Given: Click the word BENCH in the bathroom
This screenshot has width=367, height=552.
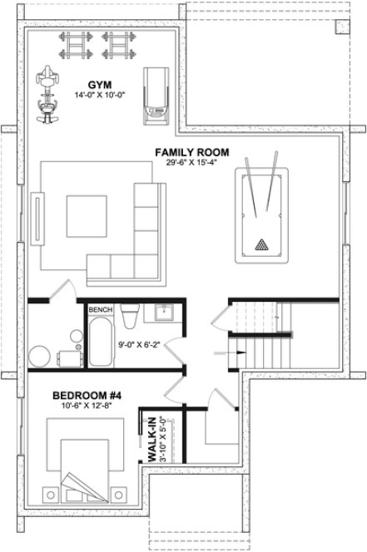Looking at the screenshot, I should (x=100, y=309).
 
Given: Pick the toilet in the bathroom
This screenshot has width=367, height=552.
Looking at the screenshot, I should (x=129, y=317).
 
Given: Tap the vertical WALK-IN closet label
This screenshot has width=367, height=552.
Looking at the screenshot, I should (x=154, y=441).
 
